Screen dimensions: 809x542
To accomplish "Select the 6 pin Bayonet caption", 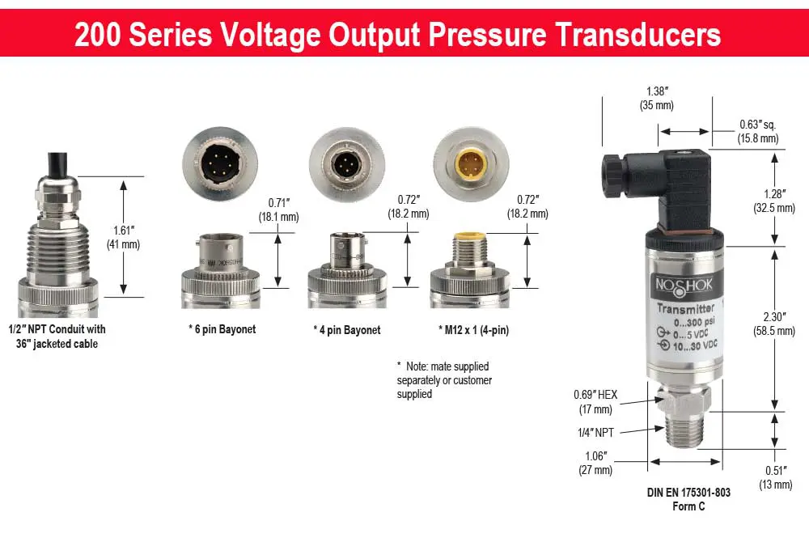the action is [222, 329].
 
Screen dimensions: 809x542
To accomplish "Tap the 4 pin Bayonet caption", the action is [347, 330].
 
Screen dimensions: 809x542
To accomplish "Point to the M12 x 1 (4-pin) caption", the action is [473, 330].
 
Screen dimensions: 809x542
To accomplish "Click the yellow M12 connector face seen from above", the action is [471, 164].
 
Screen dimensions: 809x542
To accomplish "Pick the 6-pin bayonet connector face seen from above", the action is [220, 164].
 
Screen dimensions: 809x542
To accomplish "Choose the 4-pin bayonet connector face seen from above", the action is [347, 164].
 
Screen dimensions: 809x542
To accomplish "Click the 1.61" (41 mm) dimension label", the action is [123, 237].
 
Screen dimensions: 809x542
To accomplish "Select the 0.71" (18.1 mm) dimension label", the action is [278, 210].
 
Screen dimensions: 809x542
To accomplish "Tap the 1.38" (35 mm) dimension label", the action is [657, 98].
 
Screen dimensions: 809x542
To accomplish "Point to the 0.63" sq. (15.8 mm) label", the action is [758, 132].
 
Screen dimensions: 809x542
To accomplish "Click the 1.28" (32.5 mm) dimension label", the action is [774, 201].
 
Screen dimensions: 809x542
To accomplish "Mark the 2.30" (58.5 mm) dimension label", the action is [774, 324].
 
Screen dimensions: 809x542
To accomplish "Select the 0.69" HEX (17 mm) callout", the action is [595, 402].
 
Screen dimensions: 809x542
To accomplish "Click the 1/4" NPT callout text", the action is [596, 433].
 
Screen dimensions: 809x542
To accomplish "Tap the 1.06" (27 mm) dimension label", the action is [596, 463].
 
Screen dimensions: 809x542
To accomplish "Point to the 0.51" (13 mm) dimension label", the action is [776, 477].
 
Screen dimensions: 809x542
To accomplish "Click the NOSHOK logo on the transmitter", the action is [684, 285].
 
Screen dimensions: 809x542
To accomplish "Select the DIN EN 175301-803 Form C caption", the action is [688, 499].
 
